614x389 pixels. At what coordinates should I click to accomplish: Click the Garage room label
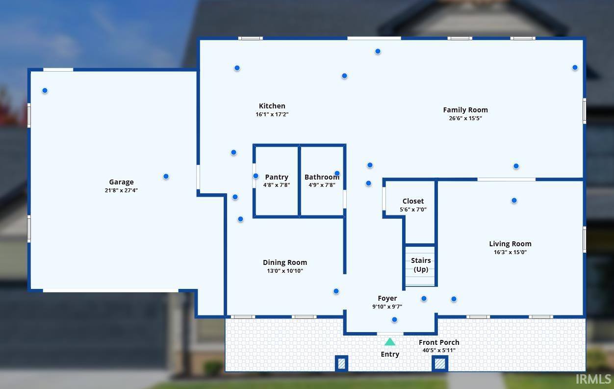pyautogui.click(x=121, y=182)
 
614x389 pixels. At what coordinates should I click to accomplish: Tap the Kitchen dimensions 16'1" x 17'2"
pyautogui.click(x=272, y=114)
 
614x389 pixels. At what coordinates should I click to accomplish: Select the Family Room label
pyautogui.click(x=465, y=110)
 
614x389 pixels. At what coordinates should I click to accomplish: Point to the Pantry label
pyautogui.click(x=277, y=177)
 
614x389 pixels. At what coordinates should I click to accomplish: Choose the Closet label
pyautogui.click(x=413, y=201)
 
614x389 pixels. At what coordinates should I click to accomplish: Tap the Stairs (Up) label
pyautogui.click(x=421, y=265)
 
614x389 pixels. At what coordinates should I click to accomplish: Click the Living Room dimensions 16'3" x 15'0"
pyautogui.click(x=510, y=252)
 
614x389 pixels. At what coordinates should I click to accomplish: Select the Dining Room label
pyautogui.click(x=285, y=262)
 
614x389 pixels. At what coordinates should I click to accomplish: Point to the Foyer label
pyautogui.click(x=387, y=298)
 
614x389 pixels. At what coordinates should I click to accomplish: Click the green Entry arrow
pyautogui.click(x=390, y=342)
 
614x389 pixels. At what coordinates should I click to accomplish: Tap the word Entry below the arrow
pyautogui.click(x=390, y=354)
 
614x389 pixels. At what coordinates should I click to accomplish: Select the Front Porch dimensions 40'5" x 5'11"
pyautogui.click(x=439, y=350)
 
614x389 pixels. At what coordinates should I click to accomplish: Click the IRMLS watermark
pyautogui.click(x=593, y=379)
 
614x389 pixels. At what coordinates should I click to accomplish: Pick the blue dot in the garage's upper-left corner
pyautogui.click(x=45, y=90)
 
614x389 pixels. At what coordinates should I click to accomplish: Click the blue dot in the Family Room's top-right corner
pyautogui.click(x=575, y=67)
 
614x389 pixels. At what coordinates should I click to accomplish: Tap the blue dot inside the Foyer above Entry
pyautogui.click(x=394, y=320)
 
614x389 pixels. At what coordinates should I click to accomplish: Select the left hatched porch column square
pyautogui.click(x=341, y=363)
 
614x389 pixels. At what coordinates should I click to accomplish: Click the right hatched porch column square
pyautogui.click(x=440, y=363)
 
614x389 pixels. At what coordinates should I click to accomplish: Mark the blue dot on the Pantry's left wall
pyautogui.click(x=256, y=176)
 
